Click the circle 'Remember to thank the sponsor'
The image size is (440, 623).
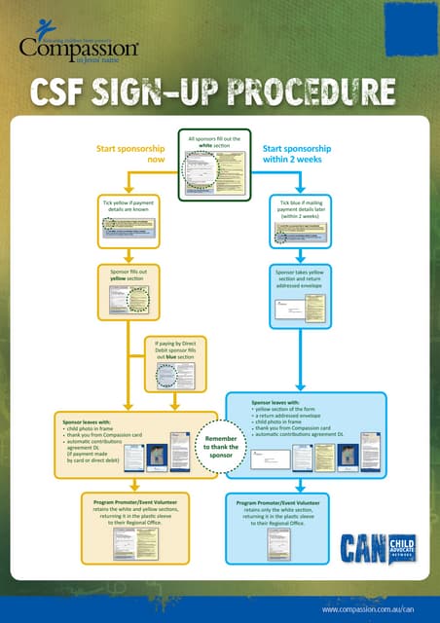[220, 448]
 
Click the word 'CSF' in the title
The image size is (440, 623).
[64, 92]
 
